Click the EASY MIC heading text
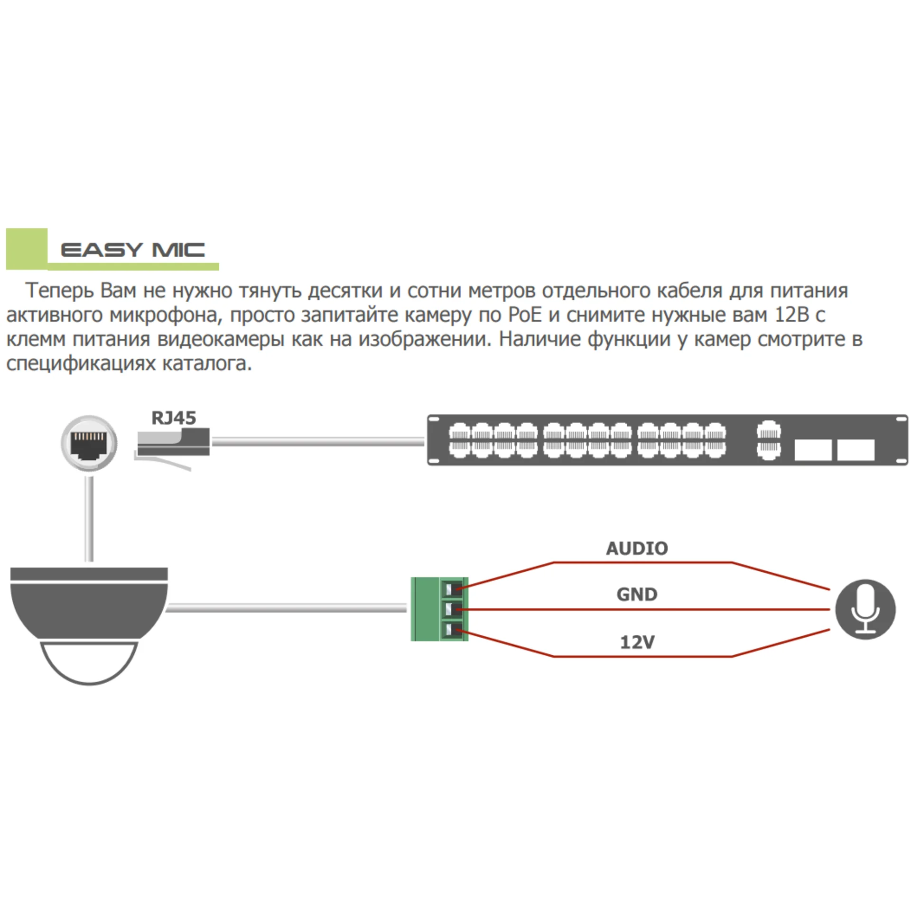133,250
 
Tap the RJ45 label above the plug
174,418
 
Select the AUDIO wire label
637,548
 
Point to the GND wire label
637,595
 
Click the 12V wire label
637,642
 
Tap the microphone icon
865,609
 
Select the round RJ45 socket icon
89,443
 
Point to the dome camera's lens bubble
89,662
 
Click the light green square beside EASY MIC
27,249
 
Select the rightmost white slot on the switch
855,449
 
